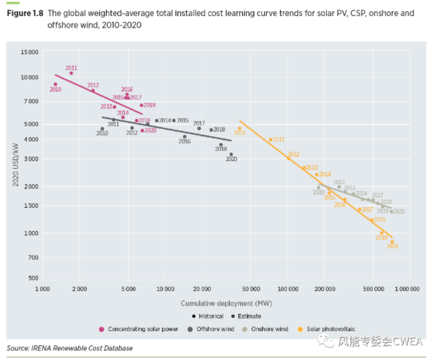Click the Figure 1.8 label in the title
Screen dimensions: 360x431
point(25,13)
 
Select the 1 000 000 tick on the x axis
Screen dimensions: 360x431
point(408,289)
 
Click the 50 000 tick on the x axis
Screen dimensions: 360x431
point(251,289)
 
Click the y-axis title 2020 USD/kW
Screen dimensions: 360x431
point(15,164)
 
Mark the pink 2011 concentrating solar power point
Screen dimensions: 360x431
point(71,73)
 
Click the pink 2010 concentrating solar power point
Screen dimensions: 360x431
point(55,84)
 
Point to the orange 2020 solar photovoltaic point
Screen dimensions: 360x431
point(392,242)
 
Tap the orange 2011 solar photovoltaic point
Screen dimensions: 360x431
point(270,140)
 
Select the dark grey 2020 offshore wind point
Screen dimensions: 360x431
point(231,154)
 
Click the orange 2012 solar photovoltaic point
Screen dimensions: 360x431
point(288,158)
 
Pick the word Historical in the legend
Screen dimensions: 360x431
point(210,316)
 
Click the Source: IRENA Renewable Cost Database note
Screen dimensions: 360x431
point(69,348)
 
